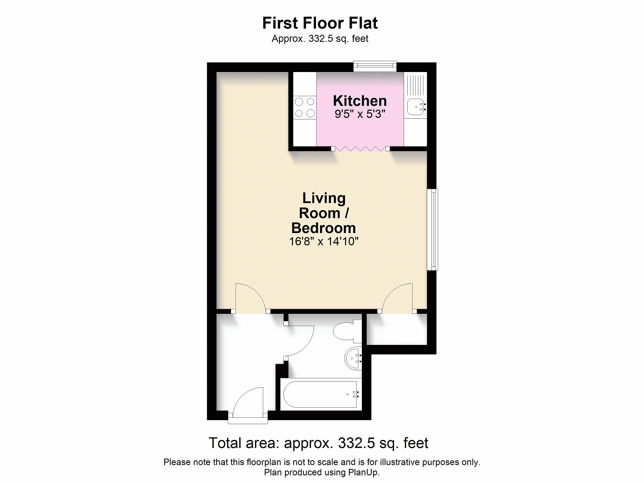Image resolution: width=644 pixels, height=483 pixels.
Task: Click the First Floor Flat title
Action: (320, 23)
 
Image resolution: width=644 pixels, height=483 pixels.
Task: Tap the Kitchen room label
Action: (360, 101)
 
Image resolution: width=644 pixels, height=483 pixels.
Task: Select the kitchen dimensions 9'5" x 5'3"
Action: (360, 114)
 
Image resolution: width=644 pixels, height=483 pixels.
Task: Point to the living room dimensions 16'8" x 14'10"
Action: (324, 242)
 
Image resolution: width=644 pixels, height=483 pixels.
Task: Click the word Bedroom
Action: (324, 228)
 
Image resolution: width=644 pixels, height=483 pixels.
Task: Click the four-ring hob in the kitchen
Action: (305, 107)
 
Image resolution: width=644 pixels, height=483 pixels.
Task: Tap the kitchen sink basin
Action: (416, 107)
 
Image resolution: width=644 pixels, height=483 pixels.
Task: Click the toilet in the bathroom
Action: (347, 331)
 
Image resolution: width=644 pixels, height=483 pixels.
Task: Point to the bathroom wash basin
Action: (353, 358)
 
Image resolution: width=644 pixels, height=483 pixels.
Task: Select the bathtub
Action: (321, 394)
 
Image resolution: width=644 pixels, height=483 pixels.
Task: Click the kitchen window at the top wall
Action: (375, 66)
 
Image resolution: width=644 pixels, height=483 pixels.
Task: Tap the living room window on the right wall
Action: (432, 229)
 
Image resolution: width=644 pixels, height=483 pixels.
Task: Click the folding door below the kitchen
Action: (360, 149)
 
